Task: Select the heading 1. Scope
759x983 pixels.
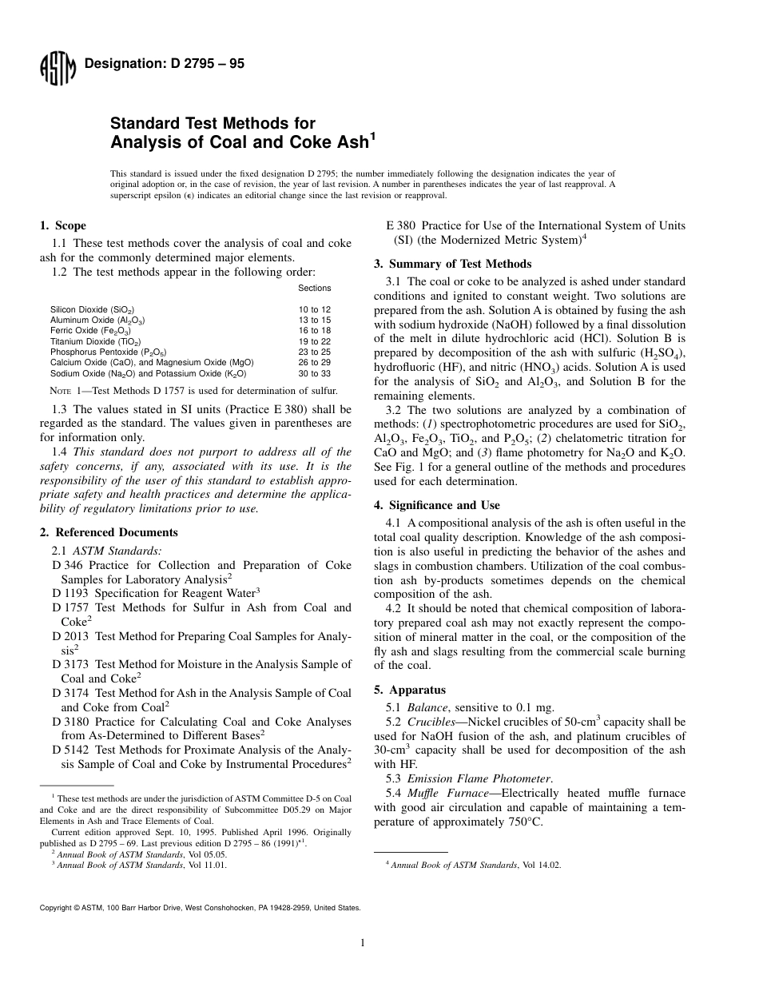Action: (x=63, y=225)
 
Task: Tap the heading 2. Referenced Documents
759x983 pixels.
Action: (x=109, y=532)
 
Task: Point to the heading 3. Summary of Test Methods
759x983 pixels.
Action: (x=453, y=264)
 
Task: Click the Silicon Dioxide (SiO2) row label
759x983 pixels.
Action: (x=92, y=308)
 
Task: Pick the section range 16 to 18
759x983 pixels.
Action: (x=315, y=330)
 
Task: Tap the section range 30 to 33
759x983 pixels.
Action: (x=315, y=373)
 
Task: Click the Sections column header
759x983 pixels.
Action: (x=315, y=288)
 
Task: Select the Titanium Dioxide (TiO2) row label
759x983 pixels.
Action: (x=93, y=341)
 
